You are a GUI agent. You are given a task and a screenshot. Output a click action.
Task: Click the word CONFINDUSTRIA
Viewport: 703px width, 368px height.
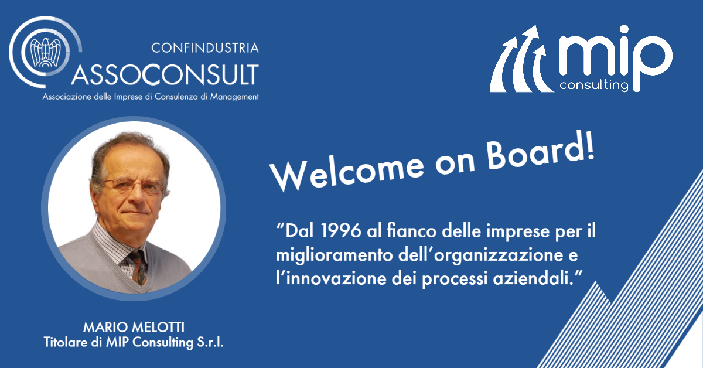pos(205,48)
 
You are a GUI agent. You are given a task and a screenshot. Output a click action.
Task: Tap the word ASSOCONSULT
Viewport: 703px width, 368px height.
pos(165,75)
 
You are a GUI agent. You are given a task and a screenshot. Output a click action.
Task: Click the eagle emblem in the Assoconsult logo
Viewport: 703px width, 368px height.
pos(45,52)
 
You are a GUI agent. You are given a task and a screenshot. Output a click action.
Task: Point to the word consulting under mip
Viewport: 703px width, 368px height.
pos(594,85)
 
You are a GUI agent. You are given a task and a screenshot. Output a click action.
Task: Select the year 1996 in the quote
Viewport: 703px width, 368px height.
pos(341,231)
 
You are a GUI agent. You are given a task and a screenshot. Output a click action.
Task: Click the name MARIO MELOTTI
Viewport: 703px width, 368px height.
pos(134,328)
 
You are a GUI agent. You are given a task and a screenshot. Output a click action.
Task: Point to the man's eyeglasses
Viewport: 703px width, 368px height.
pos(134,186)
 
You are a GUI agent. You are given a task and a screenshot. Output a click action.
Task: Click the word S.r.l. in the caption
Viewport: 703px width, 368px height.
pos(210,342)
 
